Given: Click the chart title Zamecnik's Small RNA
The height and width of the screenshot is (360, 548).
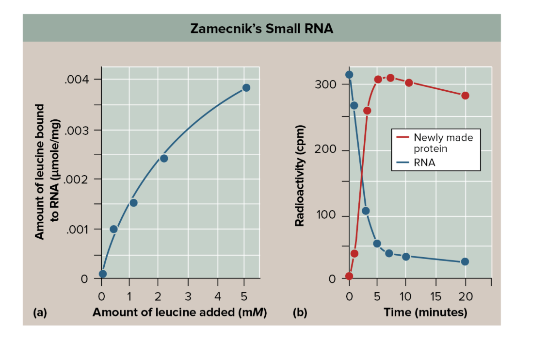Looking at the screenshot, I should tap(261, 29).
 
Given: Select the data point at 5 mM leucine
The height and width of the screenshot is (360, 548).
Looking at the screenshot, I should tap(246, 87).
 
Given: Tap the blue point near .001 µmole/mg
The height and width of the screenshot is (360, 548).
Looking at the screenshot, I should tap(113, 229).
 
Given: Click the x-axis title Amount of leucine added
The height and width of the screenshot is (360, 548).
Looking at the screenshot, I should tap(179, 312).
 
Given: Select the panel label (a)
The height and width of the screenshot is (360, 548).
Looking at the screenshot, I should tap(40, 312).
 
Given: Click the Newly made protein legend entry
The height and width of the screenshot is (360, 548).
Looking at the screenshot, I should tap(442, 143).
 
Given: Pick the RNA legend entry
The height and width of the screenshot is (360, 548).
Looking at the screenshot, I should tap(424, 163).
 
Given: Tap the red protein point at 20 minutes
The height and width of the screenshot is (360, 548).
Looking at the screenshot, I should tap(465, 96).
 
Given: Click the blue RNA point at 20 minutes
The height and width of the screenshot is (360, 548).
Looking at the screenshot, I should tap(465, 262).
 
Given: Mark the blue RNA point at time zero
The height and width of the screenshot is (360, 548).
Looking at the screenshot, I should tap(349, 75).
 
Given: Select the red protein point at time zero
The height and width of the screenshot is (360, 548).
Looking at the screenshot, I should tap(349, 276).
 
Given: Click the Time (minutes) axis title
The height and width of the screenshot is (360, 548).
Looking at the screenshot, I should tap(425, 312).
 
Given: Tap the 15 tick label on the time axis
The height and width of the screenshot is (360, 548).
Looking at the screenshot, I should tap(436, 295).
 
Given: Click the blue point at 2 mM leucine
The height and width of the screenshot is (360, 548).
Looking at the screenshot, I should tap(164, 158).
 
